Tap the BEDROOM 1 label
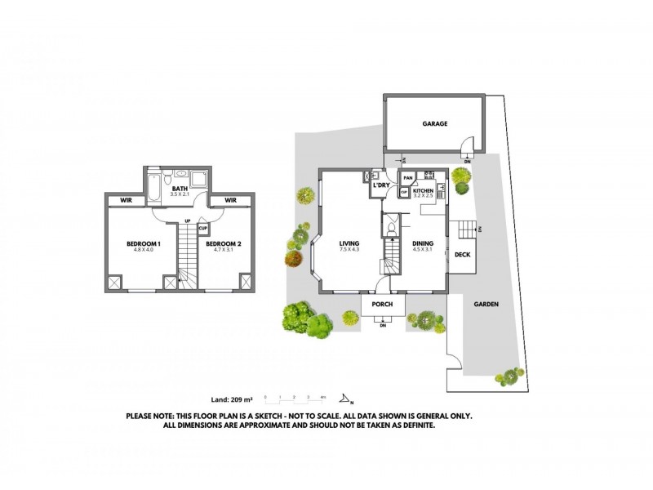coord(143,243)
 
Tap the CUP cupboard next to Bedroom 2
coord(202,229)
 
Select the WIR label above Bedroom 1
coord(127,200)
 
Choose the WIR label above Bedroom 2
coord(230,200)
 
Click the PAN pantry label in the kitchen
coord(407,177)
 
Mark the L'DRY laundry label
coord(380,186)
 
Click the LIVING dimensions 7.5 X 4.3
coord(349,248)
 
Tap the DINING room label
coord(422,243)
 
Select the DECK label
coord(461,255)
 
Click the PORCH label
coord(382,305)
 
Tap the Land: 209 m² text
coord(232,400)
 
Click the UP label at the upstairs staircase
coord(188,221)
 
